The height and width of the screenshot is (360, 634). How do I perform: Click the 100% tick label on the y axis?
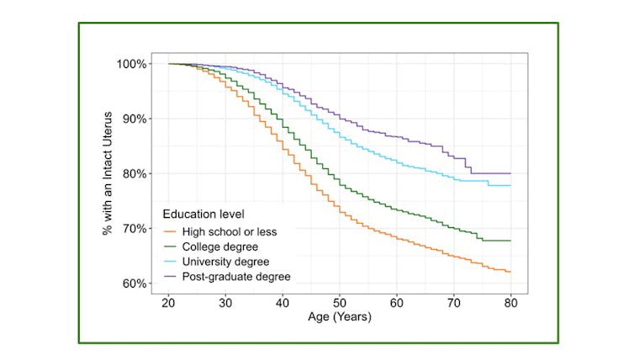[134, 64]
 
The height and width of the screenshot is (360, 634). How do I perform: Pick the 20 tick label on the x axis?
[168, 302]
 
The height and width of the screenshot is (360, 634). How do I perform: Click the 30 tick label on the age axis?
[225, 302]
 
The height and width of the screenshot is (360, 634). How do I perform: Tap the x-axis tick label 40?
[283, 302]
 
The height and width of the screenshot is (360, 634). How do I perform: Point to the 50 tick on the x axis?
[340, 302]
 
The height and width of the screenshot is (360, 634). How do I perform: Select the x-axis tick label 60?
[397, 302]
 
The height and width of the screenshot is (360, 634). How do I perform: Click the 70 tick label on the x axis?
[454, 302]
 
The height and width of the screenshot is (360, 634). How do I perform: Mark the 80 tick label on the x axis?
[511, 302]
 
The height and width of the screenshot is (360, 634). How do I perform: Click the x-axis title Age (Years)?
[340, 317]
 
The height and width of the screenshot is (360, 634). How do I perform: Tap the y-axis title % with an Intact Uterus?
[108, 173]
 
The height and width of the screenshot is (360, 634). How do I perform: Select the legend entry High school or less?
[230, 231]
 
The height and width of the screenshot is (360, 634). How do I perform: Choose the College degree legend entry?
[220, 246]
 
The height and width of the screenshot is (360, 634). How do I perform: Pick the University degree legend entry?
[225, 262]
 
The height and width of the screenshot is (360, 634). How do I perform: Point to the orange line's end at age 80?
[510, 272]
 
